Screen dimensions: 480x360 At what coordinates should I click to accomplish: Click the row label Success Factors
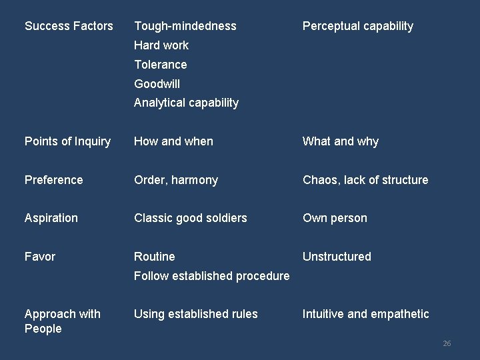coord(69,26)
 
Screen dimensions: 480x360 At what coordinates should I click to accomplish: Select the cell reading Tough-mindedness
coord(185,26)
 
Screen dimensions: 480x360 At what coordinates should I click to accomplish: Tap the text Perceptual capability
coord(358,26)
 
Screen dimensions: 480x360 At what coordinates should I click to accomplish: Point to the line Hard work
coord(161,45)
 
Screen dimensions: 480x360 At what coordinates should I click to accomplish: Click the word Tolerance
coord(161,65)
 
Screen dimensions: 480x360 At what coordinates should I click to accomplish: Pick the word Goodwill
coord(157,84)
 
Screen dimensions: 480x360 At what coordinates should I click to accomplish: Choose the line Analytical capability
coord(186,103)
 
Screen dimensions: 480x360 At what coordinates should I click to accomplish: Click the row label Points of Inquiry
coord(67,141)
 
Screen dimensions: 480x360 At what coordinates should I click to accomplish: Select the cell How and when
coord(173,141)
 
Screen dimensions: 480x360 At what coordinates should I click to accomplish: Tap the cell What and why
coord(341,141)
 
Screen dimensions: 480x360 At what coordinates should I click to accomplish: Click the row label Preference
coord(54,180)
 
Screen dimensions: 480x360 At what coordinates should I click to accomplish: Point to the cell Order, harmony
coord(176,180)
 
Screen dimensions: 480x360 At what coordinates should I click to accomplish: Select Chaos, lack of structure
coord(365,180)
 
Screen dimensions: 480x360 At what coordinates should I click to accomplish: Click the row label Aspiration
coord(51,218)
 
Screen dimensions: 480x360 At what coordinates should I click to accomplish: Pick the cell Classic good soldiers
coord(191,218)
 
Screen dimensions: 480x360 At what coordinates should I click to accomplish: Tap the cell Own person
coord(335,218)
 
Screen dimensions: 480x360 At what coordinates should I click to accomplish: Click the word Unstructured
coord(337,257)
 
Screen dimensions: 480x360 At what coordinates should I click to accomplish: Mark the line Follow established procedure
coord(212,276)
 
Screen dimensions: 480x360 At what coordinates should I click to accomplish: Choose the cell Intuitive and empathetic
coord(366,314)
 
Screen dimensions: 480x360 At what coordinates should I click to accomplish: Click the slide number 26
coord(447,343)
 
